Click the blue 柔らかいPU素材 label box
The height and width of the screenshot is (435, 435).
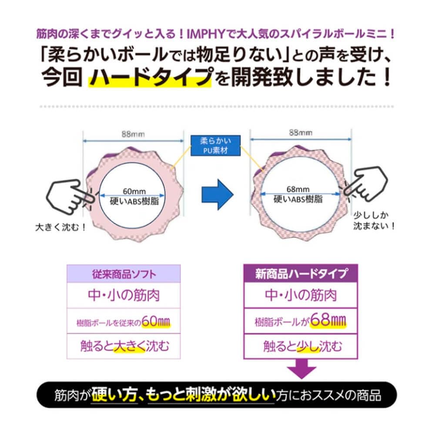pos(216,147)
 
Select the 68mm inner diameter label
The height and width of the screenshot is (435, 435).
pos(298,189)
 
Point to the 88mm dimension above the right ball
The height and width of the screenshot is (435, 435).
pos(300,132)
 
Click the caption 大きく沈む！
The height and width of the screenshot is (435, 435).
pos(60,227)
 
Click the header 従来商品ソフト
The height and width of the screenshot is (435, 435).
pos(123,274)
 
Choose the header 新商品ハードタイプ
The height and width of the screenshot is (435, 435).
pos(301,274)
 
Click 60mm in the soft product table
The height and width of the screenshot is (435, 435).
pos(155,322)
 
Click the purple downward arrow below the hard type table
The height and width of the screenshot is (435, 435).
pos(301,371)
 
